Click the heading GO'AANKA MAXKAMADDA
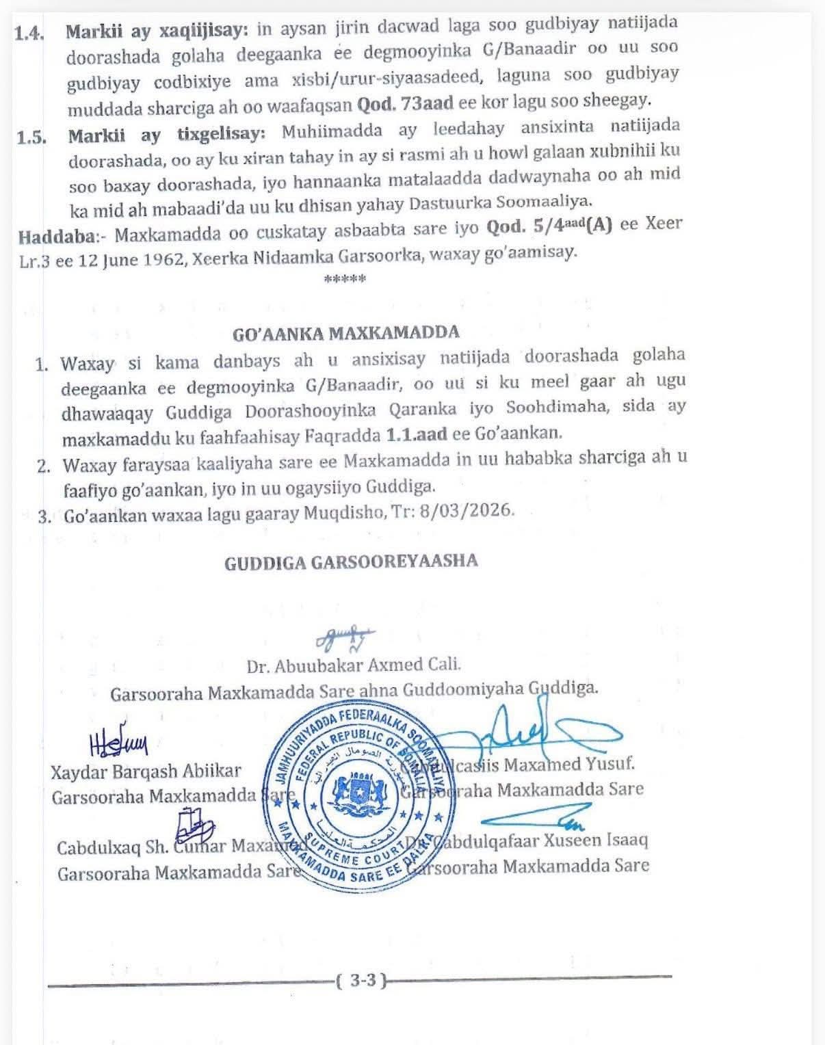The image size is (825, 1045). tap(346, 333)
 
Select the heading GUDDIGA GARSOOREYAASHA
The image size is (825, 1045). tap(351, 562)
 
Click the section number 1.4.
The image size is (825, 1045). tap(29, 32)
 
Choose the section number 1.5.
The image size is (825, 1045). tap(32, 136)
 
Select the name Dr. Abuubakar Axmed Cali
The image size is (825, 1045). tap(354, 664)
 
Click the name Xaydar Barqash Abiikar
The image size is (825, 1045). tap(146, 771)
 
